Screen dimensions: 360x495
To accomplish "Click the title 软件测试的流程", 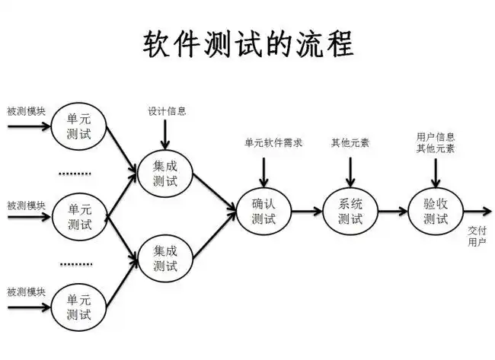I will [x=248, y=43].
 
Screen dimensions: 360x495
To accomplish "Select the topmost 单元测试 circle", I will [x=79, y=126].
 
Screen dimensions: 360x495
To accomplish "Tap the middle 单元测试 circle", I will [x=79, y=216].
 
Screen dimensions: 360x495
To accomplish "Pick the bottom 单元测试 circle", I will [x=79, y=304].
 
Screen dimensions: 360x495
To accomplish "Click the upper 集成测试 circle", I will [x=164, y=173].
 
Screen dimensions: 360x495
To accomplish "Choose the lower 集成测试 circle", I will [x=164, y=257].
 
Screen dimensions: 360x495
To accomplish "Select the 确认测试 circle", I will [x=263, y=211].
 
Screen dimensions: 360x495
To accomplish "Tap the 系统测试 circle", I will [x=350, y=211].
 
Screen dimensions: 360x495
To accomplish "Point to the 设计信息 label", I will [x=167, y=111].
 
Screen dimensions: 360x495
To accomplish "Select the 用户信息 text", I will [x=436, y=137].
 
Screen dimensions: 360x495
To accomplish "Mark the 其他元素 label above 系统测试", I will [x=350, y=142].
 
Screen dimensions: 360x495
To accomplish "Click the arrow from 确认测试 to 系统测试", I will [x=306, y=211].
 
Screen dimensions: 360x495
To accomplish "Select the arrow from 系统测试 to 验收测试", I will [x=392, y=211].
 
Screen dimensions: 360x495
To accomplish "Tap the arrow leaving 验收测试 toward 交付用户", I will [x=476, y=211].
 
